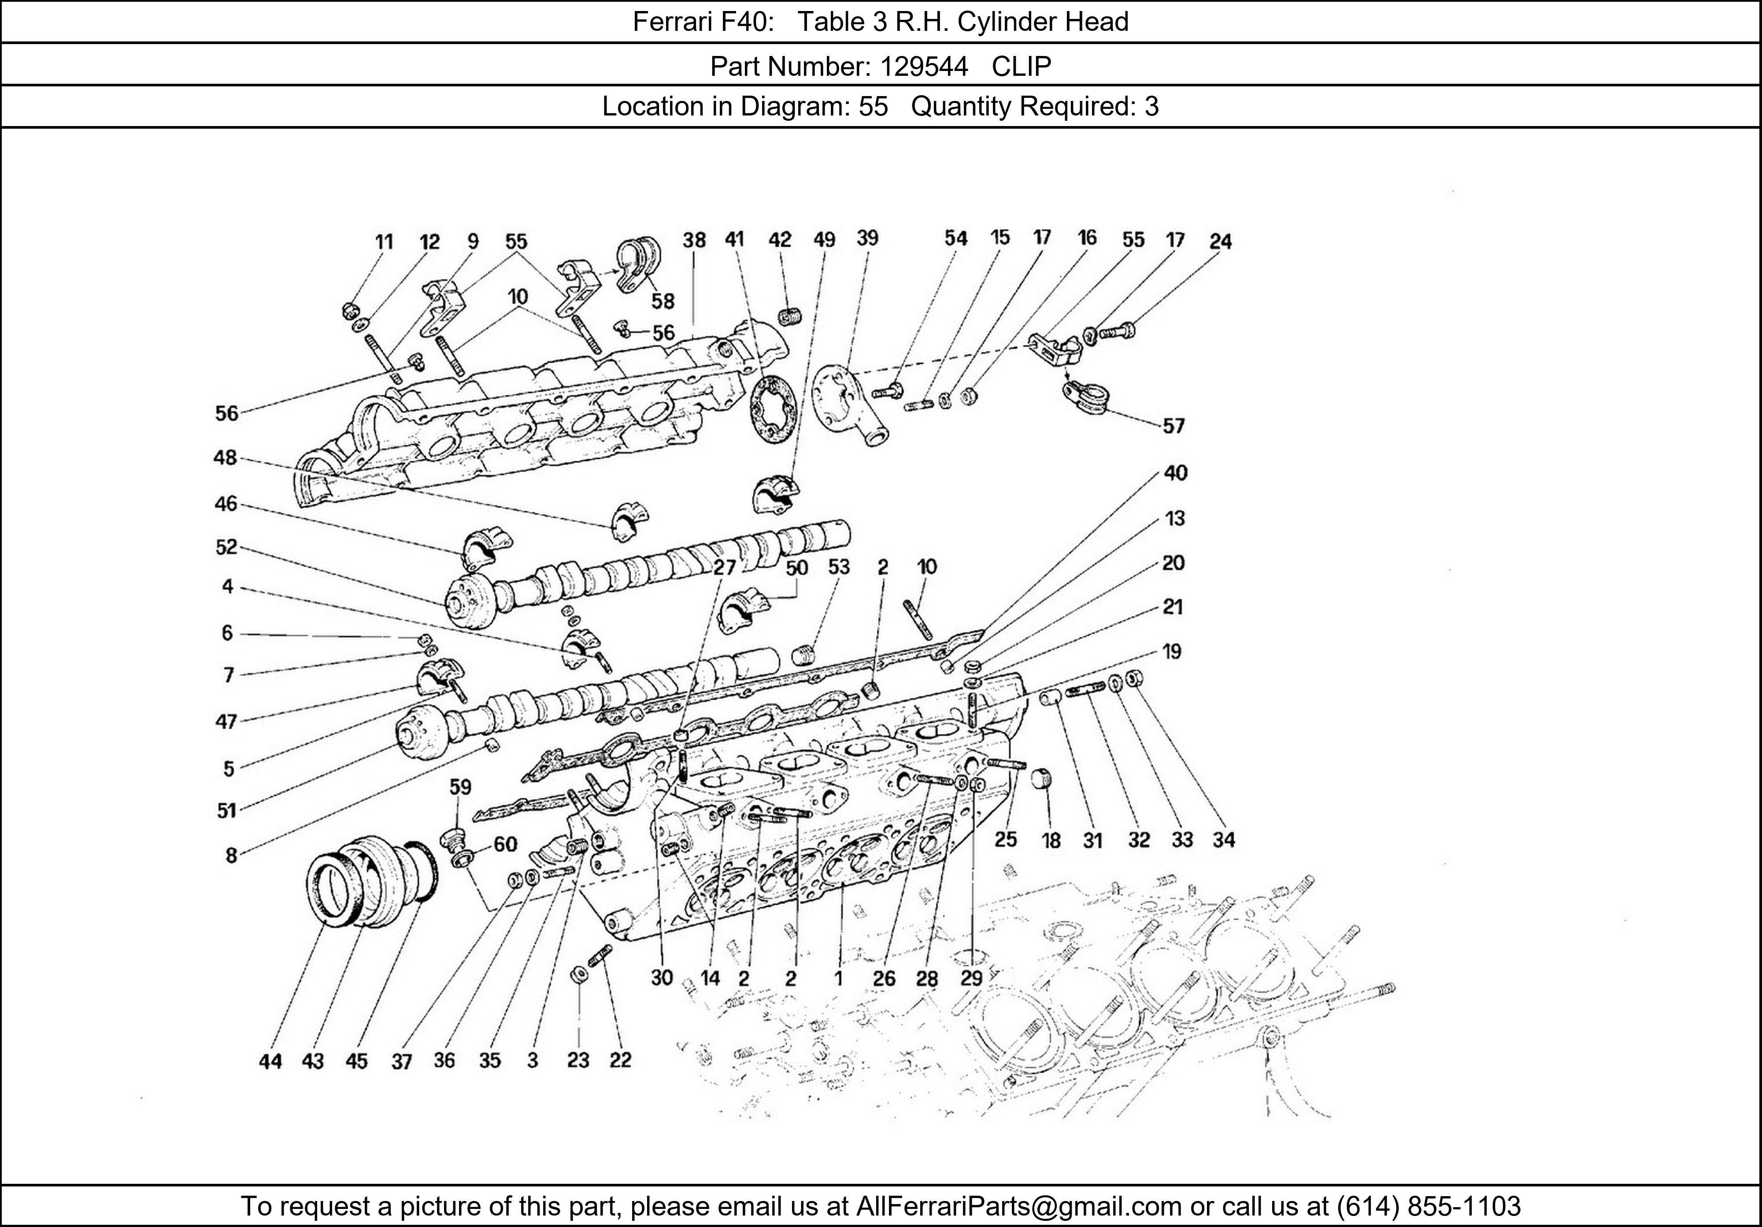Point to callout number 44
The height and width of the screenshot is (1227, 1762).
270,1061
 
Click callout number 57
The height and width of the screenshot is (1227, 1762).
1173,426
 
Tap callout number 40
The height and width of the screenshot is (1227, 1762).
1175,473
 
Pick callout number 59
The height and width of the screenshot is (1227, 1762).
460,787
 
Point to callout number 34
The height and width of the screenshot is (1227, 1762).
1223,840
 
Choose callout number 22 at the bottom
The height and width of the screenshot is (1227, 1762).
620,1060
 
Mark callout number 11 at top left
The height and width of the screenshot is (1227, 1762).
384,242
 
